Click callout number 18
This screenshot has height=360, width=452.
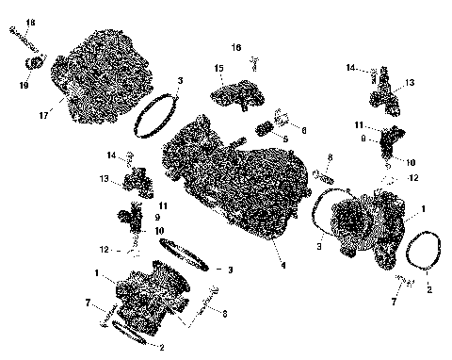tap(30, 22)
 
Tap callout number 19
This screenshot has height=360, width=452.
tap(24, 84)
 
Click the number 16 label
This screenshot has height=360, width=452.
tap(237, 46)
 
